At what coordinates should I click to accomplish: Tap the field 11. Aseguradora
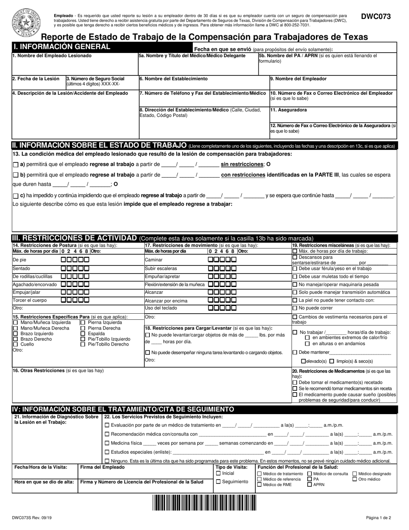click(x=333, y=114)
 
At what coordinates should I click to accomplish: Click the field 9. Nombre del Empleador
click(x=333, y=83)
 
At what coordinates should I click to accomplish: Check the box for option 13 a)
click(x=16, y=164)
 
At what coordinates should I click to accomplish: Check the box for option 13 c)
click(x=16, y=196)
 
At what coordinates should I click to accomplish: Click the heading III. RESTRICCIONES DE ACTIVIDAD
click(x=75, y=238)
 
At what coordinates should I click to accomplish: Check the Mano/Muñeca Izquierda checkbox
click(x=16, y=322)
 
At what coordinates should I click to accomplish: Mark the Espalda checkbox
click(x=83, y=334)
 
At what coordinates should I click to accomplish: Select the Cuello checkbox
click(x=16, y=344)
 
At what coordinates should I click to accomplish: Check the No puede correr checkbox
click(x=295, y=308)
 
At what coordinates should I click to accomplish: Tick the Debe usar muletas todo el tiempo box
click(x=295, y=277)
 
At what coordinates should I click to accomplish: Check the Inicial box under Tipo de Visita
click(x=218, y=473)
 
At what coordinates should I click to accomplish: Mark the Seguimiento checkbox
click(x=218, y=482)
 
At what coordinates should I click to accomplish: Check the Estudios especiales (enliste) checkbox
click(x=108, y=452)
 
